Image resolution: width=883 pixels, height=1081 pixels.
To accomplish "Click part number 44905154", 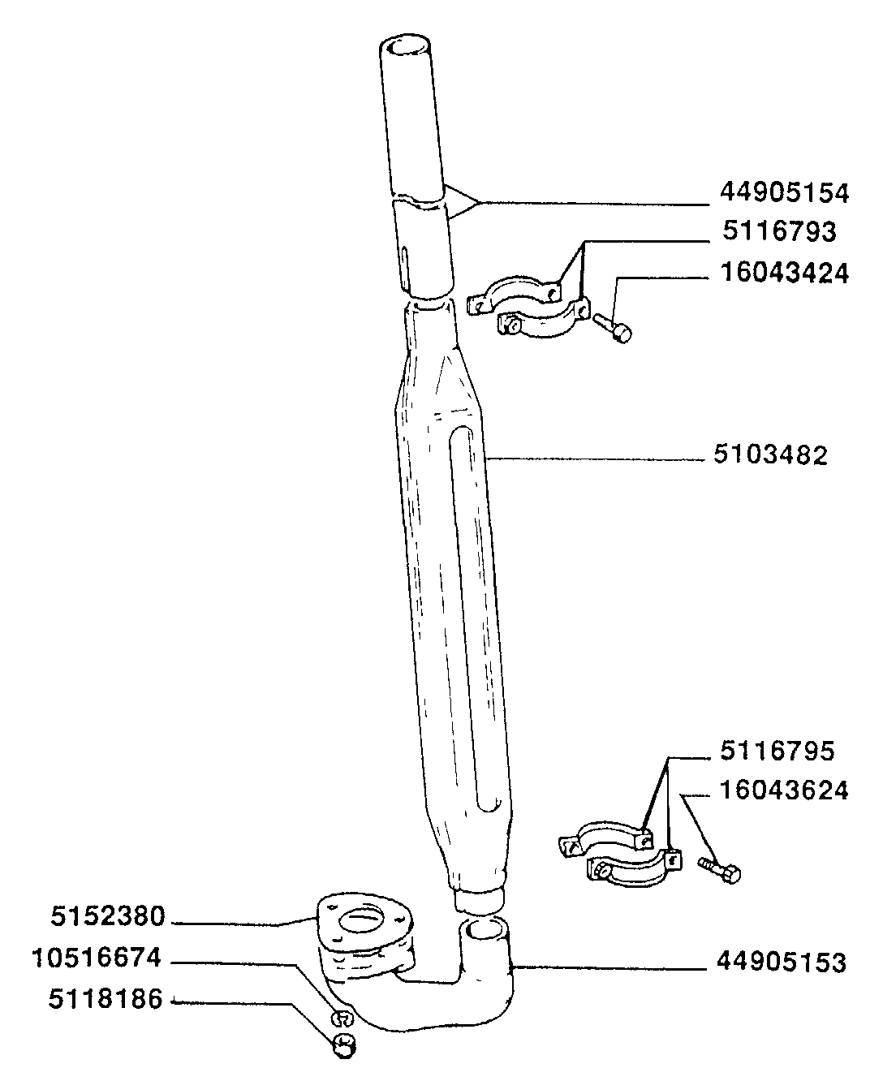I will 784,193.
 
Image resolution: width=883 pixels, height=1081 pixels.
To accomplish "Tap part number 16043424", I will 784,273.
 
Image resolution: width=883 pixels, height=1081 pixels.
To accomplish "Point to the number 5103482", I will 770,455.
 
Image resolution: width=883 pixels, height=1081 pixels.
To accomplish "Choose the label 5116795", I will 777,751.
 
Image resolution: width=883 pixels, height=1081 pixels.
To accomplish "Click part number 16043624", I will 784,790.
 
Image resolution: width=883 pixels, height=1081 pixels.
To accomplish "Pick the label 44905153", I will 781,963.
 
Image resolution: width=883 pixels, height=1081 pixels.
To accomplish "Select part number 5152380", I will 108,918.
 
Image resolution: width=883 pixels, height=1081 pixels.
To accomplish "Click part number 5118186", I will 106,999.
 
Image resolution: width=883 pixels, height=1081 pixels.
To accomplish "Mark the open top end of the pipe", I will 411,47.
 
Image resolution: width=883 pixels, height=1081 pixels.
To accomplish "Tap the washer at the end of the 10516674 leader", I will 342,1018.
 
